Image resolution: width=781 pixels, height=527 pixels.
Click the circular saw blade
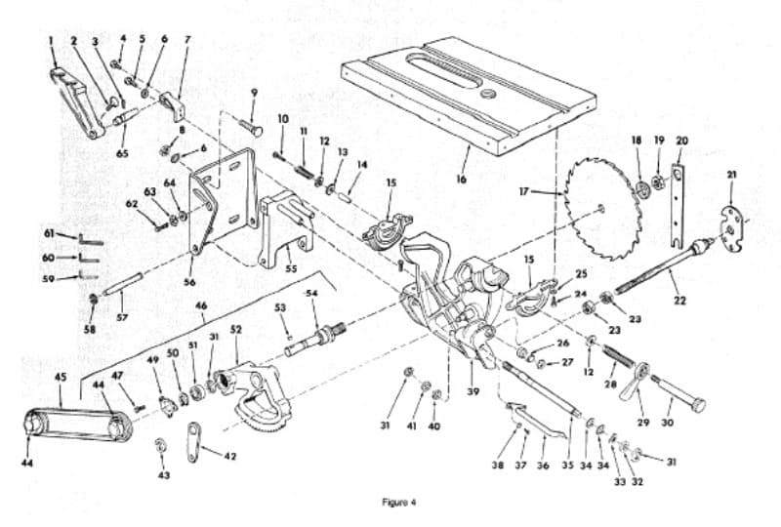click(x=601, y=208)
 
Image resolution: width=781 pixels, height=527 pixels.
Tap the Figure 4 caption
click(x=398, y=502)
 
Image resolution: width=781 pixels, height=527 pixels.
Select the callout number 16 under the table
click(x=461, y=179)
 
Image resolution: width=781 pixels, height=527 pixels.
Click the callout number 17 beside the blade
click(x=524, y=190)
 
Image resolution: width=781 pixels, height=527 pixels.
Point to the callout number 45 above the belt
click(x=60, y=377)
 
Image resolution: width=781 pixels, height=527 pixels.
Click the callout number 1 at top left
click(x=51, y=40)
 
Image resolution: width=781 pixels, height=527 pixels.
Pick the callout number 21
click(x=731, y=175)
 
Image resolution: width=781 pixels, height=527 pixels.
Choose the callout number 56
click(x=189, y=282)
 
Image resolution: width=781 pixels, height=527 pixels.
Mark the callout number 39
click(x=473, y=391)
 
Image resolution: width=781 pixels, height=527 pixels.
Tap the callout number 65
click(x=122, y=153)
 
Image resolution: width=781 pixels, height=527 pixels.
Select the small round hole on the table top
click(x=487, y=94)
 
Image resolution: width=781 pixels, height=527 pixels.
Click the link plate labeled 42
click(x=193, y=441)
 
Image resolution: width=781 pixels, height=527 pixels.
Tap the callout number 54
click(x=311, y=294)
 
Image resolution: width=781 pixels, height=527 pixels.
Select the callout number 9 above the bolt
click(x=254, y=92)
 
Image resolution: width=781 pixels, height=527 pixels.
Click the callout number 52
click(x=235, y=329)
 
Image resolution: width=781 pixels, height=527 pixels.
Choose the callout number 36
click(x=543, y=466)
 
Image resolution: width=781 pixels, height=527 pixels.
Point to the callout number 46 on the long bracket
click(x=201, y=305)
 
